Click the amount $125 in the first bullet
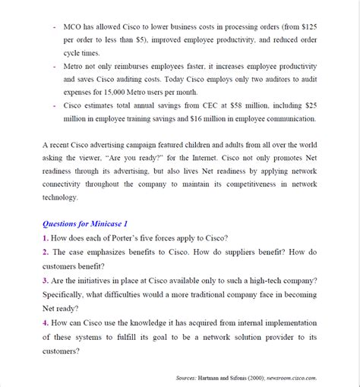[308, 26]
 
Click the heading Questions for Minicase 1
[85, 224]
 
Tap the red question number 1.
[46, 238]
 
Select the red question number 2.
[46, 252]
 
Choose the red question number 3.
[46, 279]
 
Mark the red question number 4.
[46, 322]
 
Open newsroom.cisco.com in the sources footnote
[298, 377]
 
